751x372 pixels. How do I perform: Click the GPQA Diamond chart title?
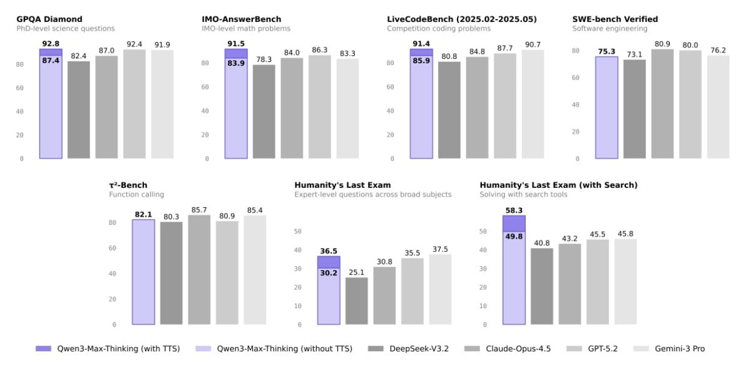(49, 19)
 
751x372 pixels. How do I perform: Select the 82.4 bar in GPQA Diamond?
(79, 110)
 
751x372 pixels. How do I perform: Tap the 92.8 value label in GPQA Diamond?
(51, 43)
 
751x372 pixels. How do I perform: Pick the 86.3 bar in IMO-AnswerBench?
(320, 106)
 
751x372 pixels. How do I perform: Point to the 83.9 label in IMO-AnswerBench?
(236, 63)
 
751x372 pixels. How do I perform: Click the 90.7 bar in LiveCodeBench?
(533, 104)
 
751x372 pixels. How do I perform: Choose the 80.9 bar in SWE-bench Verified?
(662, 104)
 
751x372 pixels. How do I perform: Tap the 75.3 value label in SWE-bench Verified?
(606, 52)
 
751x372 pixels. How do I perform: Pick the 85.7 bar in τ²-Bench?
(199, 270)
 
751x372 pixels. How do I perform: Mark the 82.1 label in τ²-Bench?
(143, 215)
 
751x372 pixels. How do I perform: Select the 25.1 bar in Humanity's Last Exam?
(357, 301)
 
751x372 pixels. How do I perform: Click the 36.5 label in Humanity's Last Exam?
(329, 251)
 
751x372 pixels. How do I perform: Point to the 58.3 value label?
(514, 210)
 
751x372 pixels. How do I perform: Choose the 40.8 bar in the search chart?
(542, 286)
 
